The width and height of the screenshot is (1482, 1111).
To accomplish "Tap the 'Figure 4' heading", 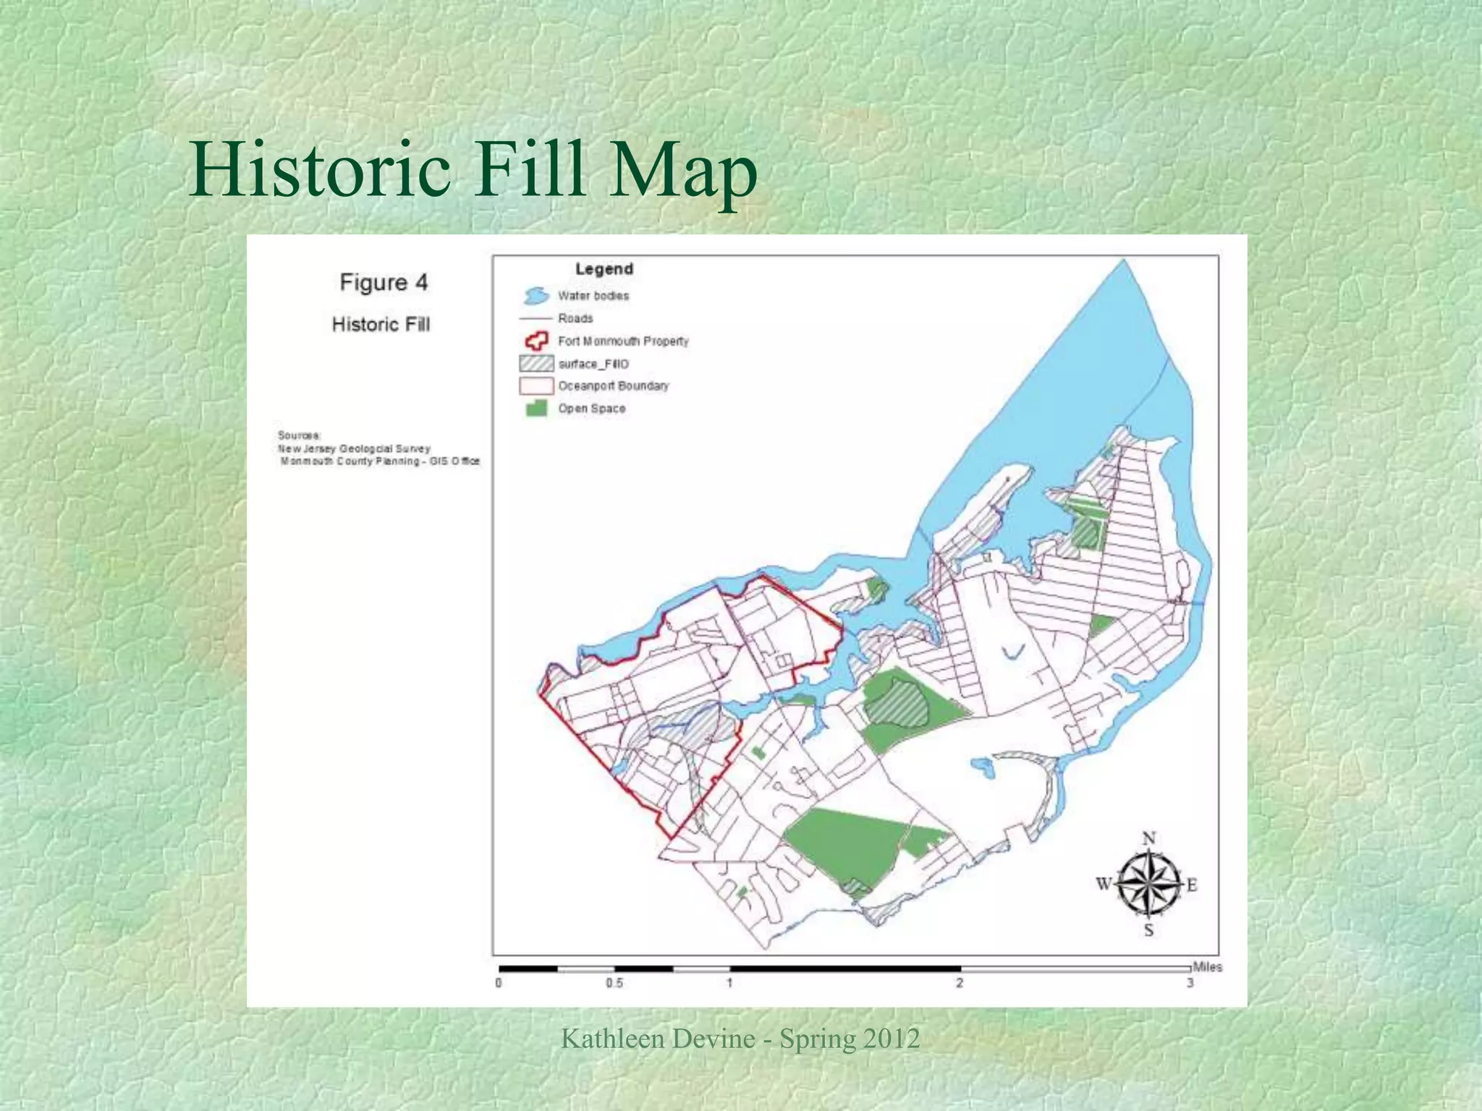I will pyautogui.click(x=384, y=282).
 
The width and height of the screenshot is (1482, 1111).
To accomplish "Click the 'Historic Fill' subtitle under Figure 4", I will pyautogui.click(x=381, y=324).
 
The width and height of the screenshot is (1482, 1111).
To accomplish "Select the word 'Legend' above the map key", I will pyautogui.click(x=604, y=269).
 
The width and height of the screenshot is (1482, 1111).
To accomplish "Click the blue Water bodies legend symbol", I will pyautogui.click(x=535, y=296).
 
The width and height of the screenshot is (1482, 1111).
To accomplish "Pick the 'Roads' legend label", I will pyautogui.click(x=575, y=318).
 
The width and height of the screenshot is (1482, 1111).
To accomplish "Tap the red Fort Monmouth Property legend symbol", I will pyautogui.click(x=535, y=341).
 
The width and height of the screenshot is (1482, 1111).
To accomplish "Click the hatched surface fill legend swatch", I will pyautogui.click(x=535, y=363).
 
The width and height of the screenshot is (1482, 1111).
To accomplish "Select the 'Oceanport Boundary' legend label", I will pyautogui.click(x=613, y=386).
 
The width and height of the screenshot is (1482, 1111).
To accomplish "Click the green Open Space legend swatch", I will pyautogui.click(x=536, y=409).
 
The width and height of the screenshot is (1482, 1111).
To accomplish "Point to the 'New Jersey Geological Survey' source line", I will pyautogui.click(x=355, y=449).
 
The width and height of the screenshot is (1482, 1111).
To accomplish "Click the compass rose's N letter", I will pyautogui.click(x=1148, y=839).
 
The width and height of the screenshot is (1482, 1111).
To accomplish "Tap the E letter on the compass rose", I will pyautogui.click(x=1192, y=885).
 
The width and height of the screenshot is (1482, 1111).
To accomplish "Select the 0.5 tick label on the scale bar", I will pyautogui.click(x=614, y=984).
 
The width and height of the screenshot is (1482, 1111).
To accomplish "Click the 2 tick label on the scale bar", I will pyautogui.click(x=960, y=984).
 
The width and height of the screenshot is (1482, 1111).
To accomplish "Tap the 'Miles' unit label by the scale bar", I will pyautogui.click(x=1207, y=967).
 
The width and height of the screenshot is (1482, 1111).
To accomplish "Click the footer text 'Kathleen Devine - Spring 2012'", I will pyautogui.click(x=740, y=1039).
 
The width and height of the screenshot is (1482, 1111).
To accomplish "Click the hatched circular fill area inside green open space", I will pyautogui.click(x=897, y=699).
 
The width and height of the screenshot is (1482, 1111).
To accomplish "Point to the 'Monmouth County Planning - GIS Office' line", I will pyautogui.click(x=380, y=461).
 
